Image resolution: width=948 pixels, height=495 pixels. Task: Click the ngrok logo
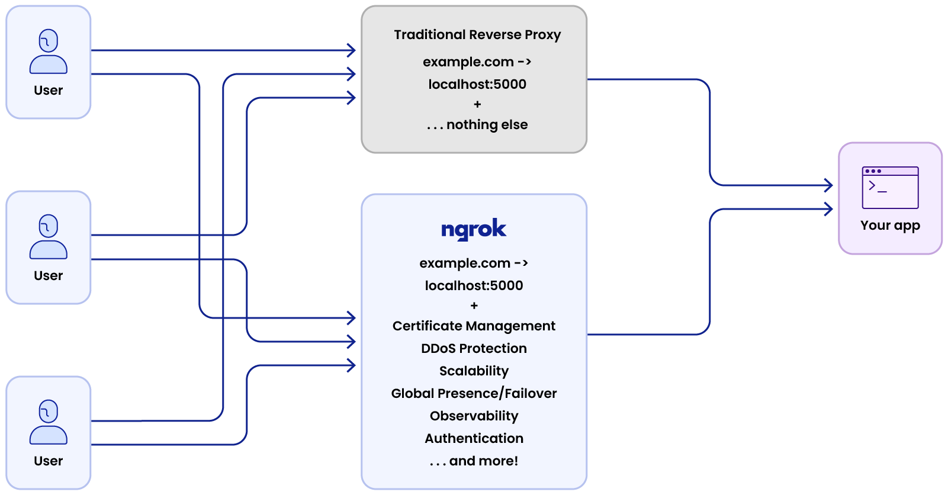point(474,230)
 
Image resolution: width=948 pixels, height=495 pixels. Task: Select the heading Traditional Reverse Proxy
point(477,35)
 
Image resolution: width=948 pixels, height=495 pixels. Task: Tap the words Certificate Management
point(474,326)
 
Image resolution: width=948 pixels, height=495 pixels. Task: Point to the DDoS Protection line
point(474,349)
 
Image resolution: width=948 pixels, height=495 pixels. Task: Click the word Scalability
point(474,371)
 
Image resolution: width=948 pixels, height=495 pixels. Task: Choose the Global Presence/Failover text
point(474,394)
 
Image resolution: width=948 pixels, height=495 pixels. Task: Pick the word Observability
point(474,416)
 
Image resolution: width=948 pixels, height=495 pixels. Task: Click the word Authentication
point(474,439)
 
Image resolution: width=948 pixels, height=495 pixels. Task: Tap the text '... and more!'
point(474,461)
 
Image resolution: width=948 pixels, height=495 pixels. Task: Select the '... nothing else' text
point(477,125)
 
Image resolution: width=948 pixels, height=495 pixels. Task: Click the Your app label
point(890,226)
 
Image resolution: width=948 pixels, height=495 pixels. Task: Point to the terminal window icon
point(890,188)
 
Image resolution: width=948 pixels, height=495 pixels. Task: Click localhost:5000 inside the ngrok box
point(474,286)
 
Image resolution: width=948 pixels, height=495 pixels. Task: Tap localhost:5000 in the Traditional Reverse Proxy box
point(477,85)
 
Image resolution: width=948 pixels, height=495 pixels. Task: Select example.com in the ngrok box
point(465,263)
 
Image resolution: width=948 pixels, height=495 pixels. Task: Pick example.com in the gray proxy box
point(468,62)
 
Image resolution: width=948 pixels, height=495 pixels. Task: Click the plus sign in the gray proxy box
point(477,105)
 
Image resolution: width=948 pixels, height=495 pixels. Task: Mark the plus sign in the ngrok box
point(474,306)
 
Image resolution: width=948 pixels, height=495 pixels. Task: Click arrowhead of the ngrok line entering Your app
point(829,209)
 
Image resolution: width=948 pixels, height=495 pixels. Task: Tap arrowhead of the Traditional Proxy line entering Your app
point(829,185)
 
